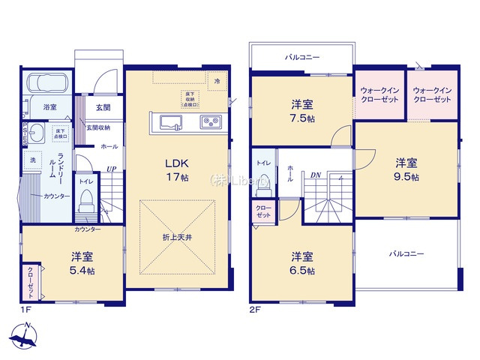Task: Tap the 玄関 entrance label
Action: [x=103, y=108]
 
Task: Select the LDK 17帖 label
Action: [x=175, y=169]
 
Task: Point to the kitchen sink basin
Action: [x=167, y=121]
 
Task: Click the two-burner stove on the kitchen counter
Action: [x=208, y=121]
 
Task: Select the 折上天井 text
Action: [x=177, y=238]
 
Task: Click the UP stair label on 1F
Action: [x=110, y=169]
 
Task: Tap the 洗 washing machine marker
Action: [x=33, y=159]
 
